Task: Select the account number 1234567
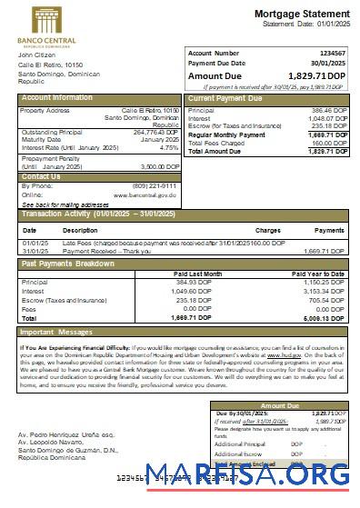click(331, 54)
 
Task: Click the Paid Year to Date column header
click(318, 273)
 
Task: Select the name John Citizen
click(37, 55)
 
